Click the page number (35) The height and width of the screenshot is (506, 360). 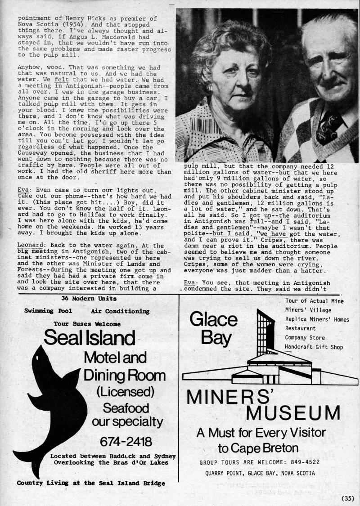coord(348,498)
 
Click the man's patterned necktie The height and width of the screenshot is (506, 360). coord(327,127)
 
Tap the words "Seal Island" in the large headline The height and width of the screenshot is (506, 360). coord(90,337)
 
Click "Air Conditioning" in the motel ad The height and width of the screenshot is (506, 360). coord(120,311)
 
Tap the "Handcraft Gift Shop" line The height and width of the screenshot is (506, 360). coord(314,347)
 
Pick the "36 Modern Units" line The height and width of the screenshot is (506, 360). coord(89,298)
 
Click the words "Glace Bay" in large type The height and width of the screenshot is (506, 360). coord(214,329)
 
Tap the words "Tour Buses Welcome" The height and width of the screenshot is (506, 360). coord(87,323)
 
